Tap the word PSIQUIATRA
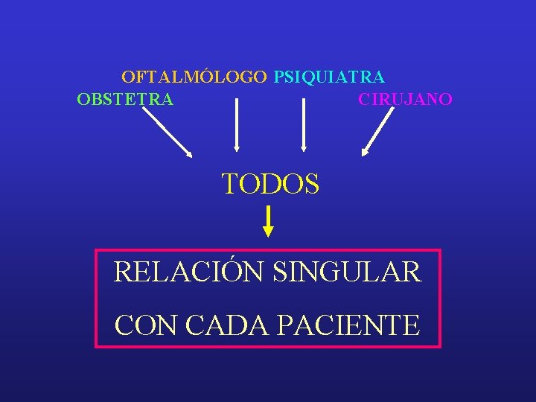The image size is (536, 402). pos(329,77)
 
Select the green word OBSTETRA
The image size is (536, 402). pos(125,99)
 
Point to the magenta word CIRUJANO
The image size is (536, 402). pos(405,99)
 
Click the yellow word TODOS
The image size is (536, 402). pos(271,183)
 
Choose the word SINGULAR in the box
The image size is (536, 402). pos(347,272)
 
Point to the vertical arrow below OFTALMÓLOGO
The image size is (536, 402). pos(237,125)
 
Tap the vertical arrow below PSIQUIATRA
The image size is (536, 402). pos(303,125)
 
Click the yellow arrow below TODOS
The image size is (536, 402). pos(269,222)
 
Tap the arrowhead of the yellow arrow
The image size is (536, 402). pos(269,232)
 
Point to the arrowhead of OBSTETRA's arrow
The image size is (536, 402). pos(189,154)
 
